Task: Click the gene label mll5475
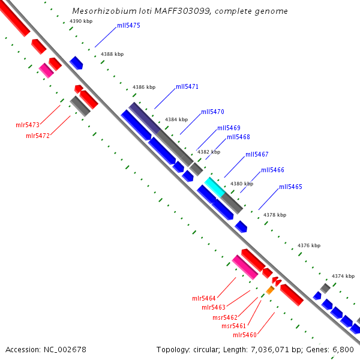[x=128, y=25]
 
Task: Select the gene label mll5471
[x=187, y=86]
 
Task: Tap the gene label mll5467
[x=257, y=154]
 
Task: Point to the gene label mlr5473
[x=28, y=125]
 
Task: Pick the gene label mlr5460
[x=245, y=335]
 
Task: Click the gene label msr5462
[x=225, y=317]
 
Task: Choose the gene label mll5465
[x=290, y=187]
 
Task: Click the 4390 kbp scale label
[x=81, y=21]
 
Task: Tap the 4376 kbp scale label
[x=309, y=245]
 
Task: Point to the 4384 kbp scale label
[x=176, y=119]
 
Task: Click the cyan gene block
[x=215, y=187]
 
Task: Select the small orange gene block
[x=270, y=290]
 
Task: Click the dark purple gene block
[x=145, y=118]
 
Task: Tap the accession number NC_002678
[x=65, y=350]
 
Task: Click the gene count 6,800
[x=343, y=350]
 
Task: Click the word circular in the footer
[x=206, y=350]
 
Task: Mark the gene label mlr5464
[x=204, y=298]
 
